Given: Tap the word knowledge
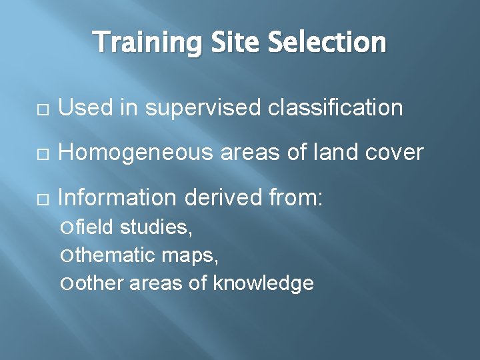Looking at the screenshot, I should click(x=263, y=283).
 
